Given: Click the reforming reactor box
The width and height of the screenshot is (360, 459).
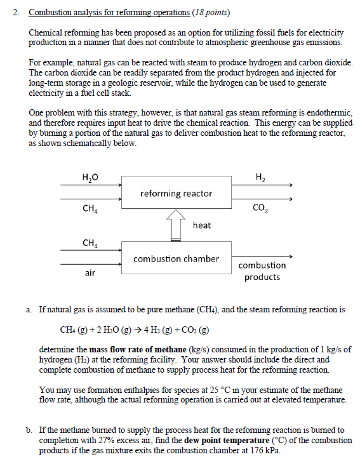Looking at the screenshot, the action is click(176, 193).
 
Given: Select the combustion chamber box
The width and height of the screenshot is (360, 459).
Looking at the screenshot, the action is click(176, 258).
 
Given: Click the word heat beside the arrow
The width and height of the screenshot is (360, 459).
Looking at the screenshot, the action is click(201, 225).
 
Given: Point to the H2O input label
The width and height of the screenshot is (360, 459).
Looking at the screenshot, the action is click(90, 176).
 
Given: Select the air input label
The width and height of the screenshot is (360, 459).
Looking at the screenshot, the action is click(90, 273).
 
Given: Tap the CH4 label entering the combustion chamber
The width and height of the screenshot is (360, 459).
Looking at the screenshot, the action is click(90, 243).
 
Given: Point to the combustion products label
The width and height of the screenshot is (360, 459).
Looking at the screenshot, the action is click(262, 271).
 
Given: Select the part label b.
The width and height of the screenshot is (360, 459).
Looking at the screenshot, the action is click(29, 430).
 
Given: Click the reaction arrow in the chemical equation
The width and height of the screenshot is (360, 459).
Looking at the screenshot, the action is click(121, 330).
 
